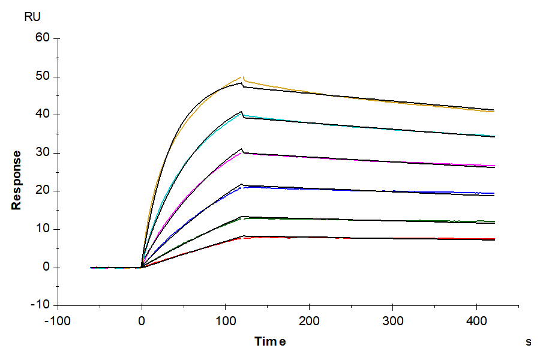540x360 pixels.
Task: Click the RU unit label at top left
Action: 32,17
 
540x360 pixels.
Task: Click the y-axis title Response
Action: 17,179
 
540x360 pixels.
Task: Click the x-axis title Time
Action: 270,341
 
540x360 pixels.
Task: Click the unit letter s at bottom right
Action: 529,342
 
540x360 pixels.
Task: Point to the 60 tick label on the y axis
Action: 43,38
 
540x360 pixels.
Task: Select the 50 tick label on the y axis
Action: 43,77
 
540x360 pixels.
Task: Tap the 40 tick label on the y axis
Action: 43,115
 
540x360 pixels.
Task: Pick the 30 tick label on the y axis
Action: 43,153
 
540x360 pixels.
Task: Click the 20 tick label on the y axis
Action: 43,191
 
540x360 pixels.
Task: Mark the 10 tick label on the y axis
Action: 43,229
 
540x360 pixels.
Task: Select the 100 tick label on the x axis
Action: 225,321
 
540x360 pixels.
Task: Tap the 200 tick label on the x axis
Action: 309,321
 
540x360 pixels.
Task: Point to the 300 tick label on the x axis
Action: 393,321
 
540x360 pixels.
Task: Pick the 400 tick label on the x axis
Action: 476,321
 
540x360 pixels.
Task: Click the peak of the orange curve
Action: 242,77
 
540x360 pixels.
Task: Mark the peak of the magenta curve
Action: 242,152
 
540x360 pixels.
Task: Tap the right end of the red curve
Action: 494,239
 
